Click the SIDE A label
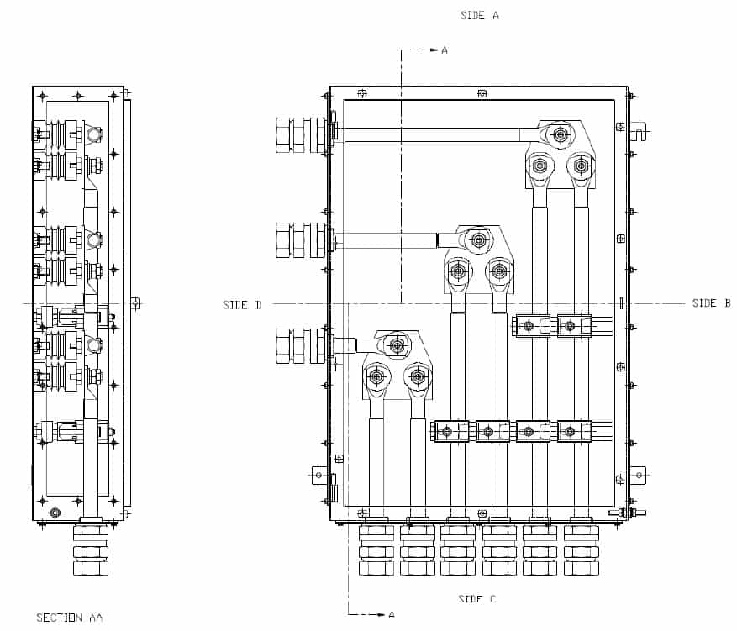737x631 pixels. (x=480, y=15)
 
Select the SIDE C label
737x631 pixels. (x=476, y=599)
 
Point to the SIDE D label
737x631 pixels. (x=242, y=305)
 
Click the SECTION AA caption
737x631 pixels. (x=69, y=618)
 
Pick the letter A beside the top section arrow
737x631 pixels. (x=445, y=50)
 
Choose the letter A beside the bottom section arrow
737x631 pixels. (x=391, y=615)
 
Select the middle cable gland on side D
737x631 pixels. (x=301, y=239)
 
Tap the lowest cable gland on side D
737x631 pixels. (x=301, y=345)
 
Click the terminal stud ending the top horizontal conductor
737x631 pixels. (x=559, y=134)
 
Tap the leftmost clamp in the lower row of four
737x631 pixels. (x=446, y=432)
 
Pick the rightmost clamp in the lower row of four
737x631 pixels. (x=570, y=432)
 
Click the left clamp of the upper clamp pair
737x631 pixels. (x=529, y=326)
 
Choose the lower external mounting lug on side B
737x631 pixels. (x=639, y=476)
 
